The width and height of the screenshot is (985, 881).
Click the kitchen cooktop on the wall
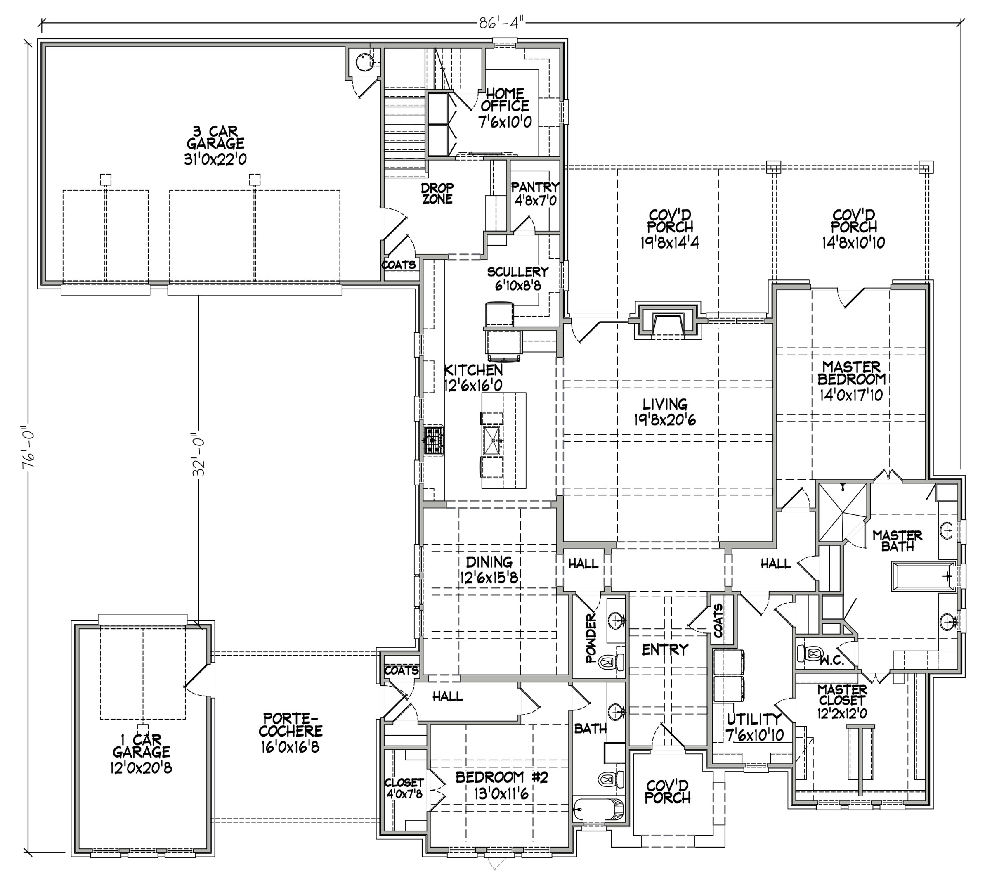[x=434, y=440]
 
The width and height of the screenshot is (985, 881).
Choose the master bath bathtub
[x=923, y=576]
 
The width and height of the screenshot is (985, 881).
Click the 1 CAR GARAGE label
[x=141, y=753]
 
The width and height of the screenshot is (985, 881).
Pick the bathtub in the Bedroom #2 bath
[x=598, y=809]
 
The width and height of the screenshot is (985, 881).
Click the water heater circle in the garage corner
[x=362, y=62]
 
